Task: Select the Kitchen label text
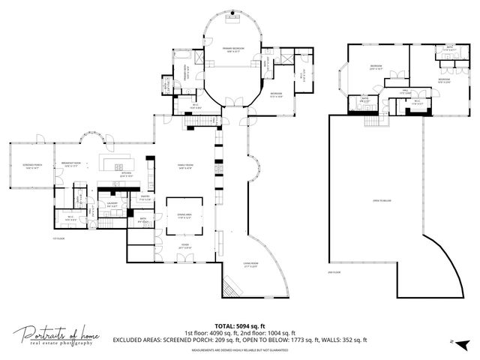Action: click(x=127, y=174)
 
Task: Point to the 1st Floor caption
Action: click(x=55, y=239)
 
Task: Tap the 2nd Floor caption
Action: click(x=334, y=272)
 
